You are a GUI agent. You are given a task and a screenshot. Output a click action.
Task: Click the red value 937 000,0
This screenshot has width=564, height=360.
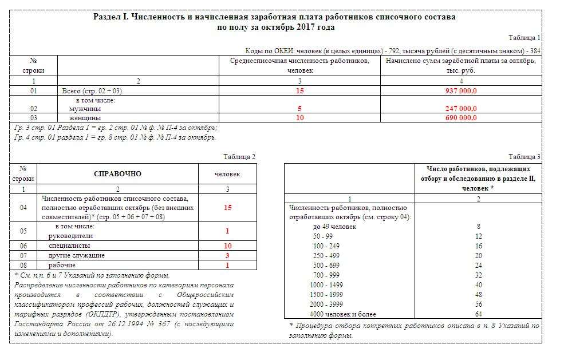tap(461, 91)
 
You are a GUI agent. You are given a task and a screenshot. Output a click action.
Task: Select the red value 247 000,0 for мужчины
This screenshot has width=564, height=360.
tap(461, 108)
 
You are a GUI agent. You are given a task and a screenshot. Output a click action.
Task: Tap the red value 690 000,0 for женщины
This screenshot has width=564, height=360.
tap(461, 117)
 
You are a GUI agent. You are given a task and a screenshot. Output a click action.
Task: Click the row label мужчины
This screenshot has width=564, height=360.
tap(85, 108)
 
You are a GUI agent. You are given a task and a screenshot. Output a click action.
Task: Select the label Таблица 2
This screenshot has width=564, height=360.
tap(239, 157)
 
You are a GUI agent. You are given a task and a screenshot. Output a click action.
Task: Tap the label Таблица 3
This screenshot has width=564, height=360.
tap(524, 157)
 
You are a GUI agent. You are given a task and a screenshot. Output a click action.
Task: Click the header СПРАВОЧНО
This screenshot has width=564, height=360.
tap(117, 174)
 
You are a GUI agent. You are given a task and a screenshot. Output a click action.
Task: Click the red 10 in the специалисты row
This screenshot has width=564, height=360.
tap(227, 245)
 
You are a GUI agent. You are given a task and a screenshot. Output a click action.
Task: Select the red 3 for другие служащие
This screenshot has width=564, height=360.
tap(227, 255)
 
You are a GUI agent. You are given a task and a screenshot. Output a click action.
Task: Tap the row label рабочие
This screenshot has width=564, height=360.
tap(62, 265)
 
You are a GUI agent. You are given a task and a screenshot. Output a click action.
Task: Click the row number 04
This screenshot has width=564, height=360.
tap(23, 208)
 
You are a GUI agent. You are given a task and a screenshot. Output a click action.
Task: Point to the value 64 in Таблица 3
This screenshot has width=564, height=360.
tap(478, 314)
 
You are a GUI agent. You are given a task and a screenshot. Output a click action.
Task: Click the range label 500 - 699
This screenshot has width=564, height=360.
tap(326, 266)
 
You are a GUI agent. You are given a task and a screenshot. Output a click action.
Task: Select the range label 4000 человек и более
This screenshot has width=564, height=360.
tap(340, 314)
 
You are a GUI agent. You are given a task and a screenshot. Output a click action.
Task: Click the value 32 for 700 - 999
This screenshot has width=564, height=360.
tap(478, 275)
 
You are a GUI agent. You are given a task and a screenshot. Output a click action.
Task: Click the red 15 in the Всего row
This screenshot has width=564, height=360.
tap(299, 91)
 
